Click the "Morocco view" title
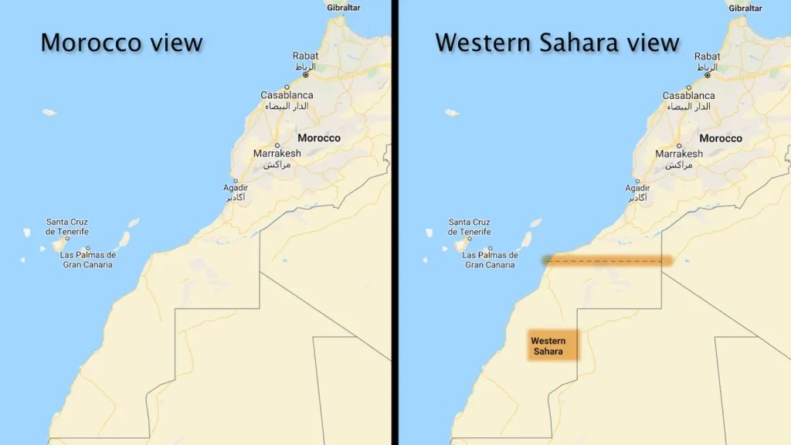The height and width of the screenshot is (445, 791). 121,42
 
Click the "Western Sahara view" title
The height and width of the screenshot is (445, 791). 557,42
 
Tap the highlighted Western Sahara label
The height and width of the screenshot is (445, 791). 549,346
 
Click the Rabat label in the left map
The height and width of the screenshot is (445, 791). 305,56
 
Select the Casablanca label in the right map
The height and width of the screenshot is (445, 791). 688,96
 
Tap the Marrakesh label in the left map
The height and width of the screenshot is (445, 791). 277,154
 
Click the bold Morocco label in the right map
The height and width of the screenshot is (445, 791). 720,138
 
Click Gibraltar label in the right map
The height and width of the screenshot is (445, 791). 745,8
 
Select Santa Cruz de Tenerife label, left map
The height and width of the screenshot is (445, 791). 67,226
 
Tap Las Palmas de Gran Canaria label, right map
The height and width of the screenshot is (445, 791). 491,260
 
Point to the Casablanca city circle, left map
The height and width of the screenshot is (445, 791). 287,87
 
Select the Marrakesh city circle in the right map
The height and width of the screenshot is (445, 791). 678,145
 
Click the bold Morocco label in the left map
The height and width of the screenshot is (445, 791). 319,138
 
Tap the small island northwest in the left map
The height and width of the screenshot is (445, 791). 49,113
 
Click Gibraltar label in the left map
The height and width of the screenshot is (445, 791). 344,8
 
